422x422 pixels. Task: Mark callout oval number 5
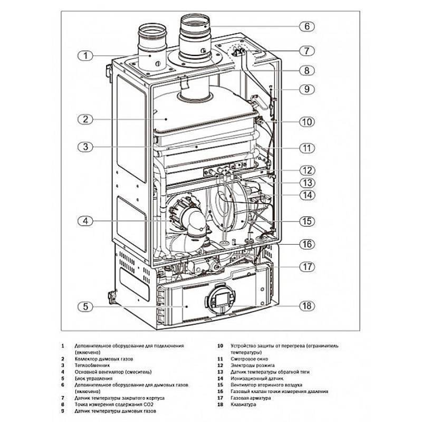point(85,305)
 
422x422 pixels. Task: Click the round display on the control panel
point(218,303)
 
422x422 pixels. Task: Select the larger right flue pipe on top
point(195,37)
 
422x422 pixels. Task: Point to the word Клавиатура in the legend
point(243,405)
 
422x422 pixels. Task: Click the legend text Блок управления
point(94,378)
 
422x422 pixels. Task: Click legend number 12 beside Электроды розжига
point(220,365)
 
